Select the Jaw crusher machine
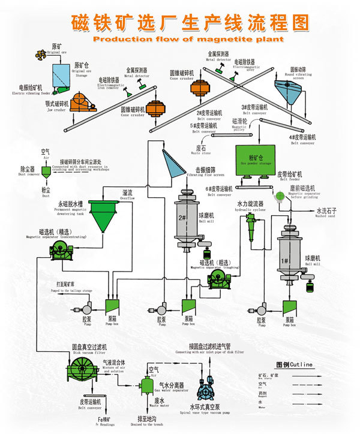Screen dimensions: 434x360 (x=85, y=105)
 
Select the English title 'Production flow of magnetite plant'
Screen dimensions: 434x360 (x=179, y=39)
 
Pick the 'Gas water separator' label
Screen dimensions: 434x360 (x=169, y=387)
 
